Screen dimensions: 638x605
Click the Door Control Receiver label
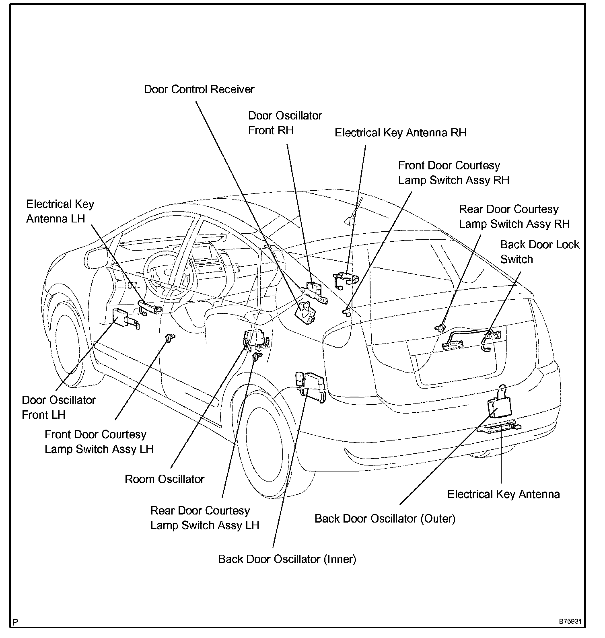pos(199,89)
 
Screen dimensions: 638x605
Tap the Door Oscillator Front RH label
pos(285,123)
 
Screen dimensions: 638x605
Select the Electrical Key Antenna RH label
pos(401,133)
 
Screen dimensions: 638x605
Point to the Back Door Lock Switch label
pos(539,252)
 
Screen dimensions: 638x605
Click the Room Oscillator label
pos(165,479)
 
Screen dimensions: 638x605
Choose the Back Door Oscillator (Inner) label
pos(287,559)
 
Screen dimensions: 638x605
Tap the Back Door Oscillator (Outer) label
pos(385,519)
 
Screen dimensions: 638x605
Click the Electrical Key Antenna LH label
pos(60,211)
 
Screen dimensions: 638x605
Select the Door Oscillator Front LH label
pos(59,407)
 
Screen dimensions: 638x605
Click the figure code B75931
pos(570,621)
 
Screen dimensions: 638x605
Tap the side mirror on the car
pos(97,257)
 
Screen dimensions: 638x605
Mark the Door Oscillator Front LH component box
pos(121,317)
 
